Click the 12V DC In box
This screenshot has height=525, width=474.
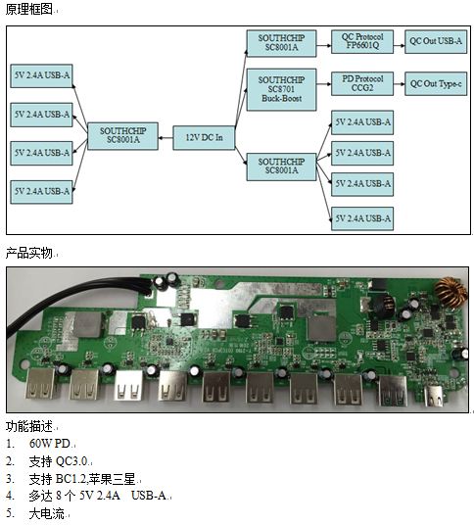pos(204,137)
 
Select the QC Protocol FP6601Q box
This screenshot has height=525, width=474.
pos(362,41)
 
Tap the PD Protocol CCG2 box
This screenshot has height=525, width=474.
pos(362,83)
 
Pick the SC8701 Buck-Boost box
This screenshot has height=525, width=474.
pos(281,89)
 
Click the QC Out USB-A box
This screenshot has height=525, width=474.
pos(436,41)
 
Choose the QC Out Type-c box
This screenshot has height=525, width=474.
pos(436,83)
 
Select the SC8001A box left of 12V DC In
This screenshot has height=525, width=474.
pos(122,136)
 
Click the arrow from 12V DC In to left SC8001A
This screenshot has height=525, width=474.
pos(166,137)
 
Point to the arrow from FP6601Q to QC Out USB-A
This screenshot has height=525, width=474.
pos(399,45)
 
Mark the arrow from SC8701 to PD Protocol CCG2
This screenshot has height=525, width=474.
pos(324,83)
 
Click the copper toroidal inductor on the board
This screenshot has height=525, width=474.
pos(450,292)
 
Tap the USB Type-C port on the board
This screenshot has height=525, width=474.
pos(435,396)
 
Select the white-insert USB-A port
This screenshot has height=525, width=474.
pos(129,386)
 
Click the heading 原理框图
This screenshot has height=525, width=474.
pos(28,9)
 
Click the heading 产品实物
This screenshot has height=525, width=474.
pos(28,253)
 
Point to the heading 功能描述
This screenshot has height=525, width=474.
pos(28,426)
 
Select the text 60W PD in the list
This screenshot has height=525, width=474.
pos(50,444)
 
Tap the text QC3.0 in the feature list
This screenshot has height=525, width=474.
pos(71,461)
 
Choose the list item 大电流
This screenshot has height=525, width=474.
pos(46,513)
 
